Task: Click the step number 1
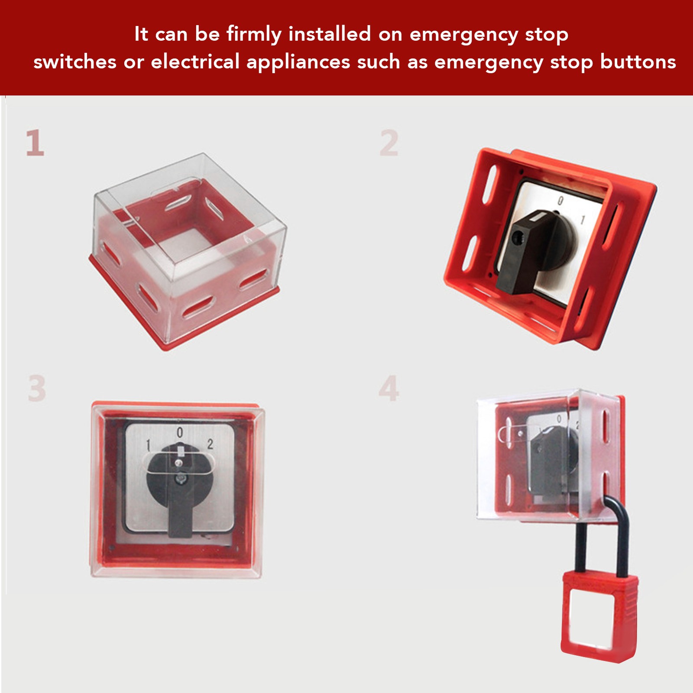point(35,142)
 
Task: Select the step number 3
point(37,388)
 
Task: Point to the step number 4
point(389,388)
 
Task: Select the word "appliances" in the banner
point(298,62)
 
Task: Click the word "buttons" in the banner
point(638,62)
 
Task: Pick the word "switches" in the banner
point(75,62)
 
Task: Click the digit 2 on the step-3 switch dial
point(210,444)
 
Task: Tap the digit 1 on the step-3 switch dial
point(148,445)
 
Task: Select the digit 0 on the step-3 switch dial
point(180,432)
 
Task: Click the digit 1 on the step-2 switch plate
point(583,220)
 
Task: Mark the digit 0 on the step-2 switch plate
point(560,201)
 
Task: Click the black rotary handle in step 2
point(533,251)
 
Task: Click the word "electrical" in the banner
point(195,62)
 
